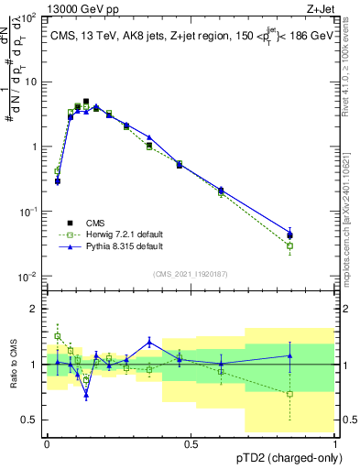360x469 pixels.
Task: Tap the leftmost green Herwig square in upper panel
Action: pyautogui.click(x=57, y=170)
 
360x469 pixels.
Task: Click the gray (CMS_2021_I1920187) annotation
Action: pyautogui.click(x=190, y=273)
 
